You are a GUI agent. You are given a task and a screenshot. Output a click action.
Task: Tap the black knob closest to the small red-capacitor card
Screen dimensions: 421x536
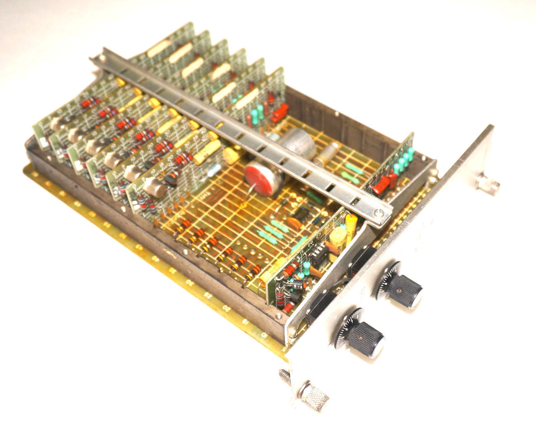401,289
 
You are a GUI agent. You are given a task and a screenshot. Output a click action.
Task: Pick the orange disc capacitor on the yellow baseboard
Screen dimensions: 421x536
294,222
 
